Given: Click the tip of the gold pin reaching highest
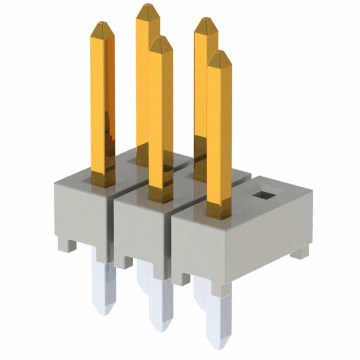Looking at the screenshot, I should point(147,7).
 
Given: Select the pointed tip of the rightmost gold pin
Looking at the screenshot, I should point(218,55).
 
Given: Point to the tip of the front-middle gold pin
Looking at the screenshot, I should point(160,40).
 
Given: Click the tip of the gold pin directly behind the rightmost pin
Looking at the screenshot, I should point(205,21).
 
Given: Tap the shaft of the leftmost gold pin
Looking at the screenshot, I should point(102,101).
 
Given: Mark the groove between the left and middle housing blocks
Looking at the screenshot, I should point(113,225).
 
